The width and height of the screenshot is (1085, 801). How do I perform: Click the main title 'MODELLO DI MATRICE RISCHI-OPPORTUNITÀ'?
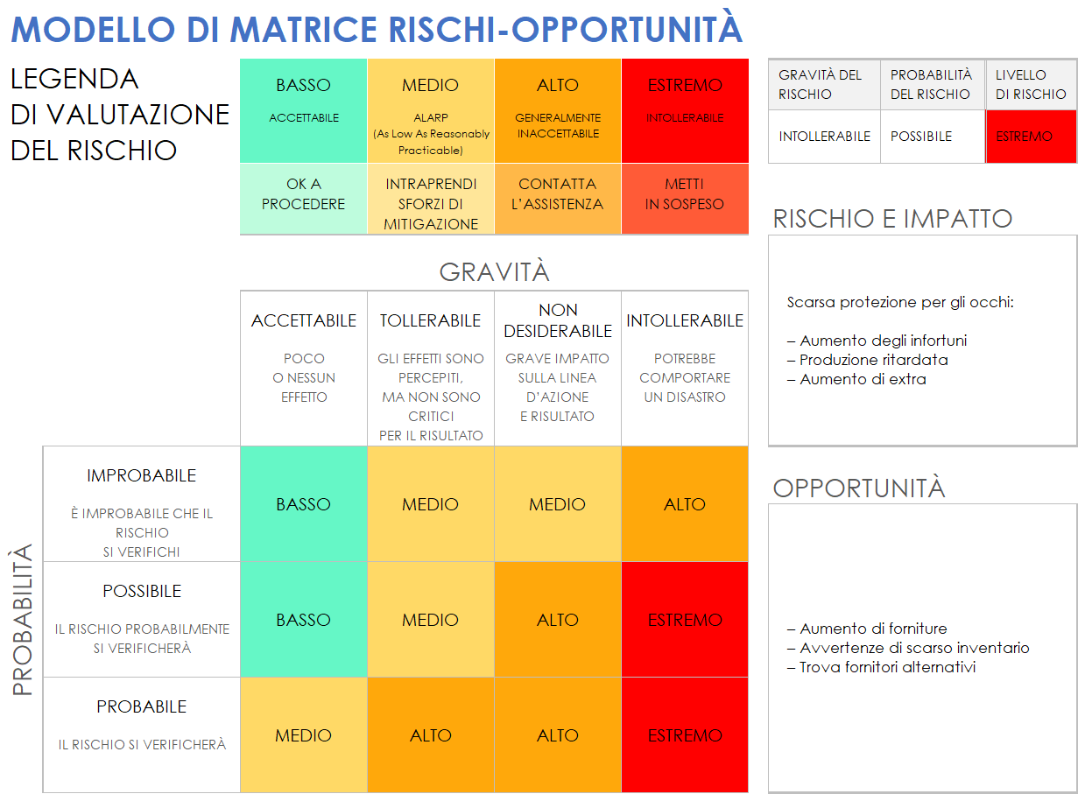tap(377, 30)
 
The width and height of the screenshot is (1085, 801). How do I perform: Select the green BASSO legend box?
tap(304, 110)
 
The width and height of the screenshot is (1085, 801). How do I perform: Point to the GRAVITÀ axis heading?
tap(494, 272)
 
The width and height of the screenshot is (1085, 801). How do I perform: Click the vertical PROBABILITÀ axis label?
tap(24, 619)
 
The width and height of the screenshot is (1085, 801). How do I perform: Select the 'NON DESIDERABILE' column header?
tap(558, 321)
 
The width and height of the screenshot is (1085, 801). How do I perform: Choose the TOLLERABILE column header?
tap(430, 321)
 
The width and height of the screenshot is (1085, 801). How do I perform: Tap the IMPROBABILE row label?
tap(142, 476)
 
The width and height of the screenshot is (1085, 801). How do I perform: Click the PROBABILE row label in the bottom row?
tap(142, 707)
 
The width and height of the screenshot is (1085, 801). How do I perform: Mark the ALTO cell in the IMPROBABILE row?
tap(685, 504)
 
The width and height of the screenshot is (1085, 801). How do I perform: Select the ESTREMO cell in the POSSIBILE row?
tap(685, 620)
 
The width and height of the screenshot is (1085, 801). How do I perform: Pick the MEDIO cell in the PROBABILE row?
tap(304, 735)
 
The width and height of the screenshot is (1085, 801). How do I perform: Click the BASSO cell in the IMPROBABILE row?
tap(304, 504)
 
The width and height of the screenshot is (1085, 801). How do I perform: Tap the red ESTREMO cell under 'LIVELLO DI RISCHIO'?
tap(1031, 137)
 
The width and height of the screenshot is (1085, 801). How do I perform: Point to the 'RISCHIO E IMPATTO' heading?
tap(892, 219)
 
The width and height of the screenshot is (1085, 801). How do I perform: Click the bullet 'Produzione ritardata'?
tap(873, 360)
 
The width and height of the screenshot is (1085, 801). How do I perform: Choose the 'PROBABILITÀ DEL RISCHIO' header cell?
tap(932, 85)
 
